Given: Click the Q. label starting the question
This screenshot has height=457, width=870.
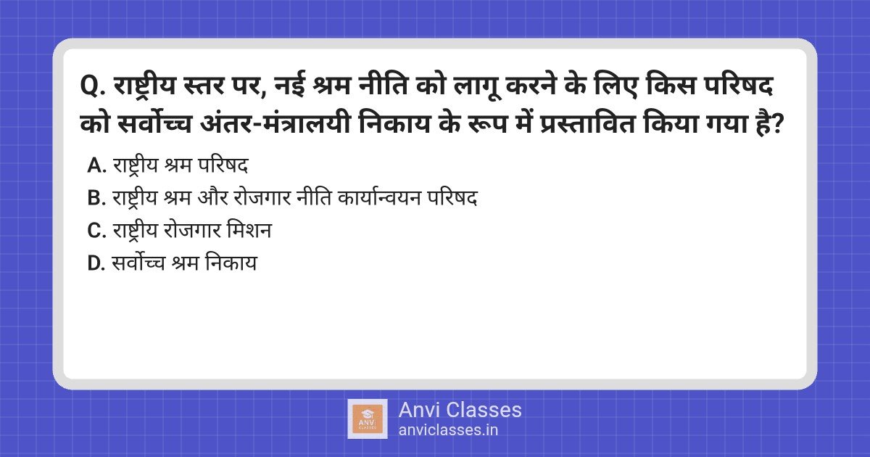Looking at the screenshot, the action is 93,86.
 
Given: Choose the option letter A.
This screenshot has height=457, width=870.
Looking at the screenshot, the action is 96,165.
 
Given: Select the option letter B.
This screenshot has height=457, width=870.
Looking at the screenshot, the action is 96,198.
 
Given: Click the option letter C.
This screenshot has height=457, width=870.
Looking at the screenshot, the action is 96,231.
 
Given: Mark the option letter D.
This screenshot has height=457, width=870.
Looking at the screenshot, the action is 96,263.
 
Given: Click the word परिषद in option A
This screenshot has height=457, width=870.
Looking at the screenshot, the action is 223,165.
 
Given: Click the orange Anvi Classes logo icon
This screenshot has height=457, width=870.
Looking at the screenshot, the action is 368,419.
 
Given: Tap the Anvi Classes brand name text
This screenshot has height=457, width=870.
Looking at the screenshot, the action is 460,410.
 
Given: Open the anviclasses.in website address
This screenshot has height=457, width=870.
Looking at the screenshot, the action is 448,430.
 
